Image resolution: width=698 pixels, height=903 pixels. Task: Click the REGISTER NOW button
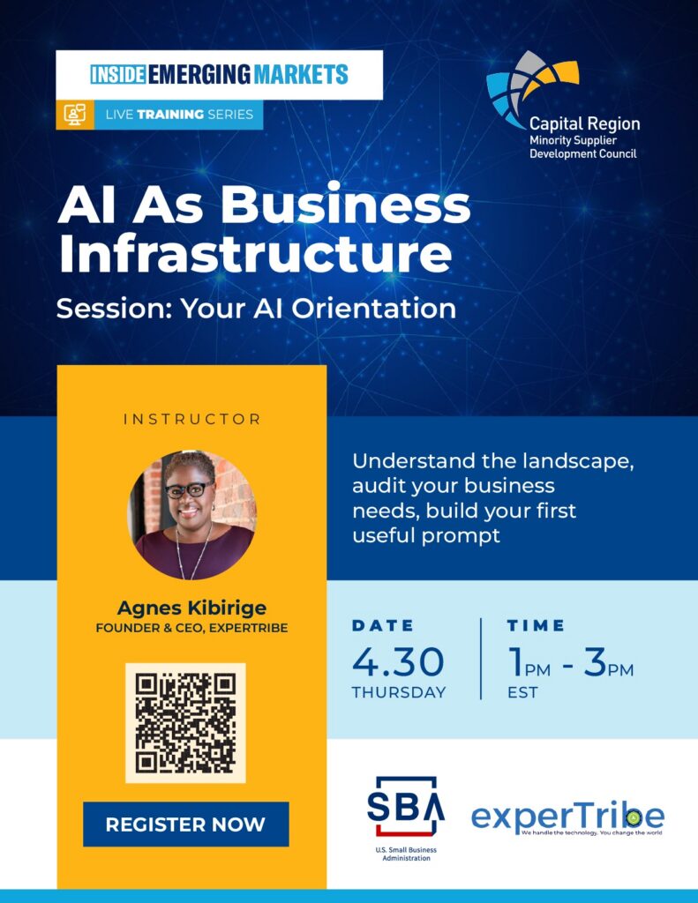185,825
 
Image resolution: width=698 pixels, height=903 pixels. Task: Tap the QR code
185,723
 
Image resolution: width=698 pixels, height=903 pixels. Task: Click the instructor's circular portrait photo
192,514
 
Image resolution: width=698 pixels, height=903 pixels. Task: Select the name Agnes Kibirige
192,608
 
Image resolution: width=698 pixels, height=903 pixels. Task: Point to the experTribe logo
567,817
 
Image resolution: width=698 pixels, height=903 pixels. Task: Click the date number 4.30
398,661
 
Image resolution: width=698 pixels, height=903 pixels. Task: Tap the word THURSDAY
399,692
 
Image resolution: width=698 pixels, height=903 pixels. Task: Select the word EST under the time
522,692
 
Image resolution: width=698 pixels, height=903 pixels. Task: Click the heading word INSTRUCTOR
192,419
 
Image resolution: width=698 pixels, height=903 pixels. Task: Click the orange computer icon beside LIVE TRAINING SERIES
75,115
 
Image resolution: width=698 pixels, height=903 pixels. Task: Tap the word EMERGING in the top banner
199,74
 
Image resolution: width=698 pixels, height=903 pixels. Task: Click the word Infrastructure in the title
255,254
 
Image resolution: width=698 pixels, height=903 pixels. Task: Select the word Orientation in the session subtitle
373,308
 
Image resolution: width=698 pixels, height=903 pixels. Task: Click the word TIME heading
536,625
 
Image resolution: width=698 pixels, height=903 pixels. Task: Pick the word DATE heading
383,625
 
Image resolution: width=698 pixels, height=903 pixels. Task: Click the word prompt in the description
461,536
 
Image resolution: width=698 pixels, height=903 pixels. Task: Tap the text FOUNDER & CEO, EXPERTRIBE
192,628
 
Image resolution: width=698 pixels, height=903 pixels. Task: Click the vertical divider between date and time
481,659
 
